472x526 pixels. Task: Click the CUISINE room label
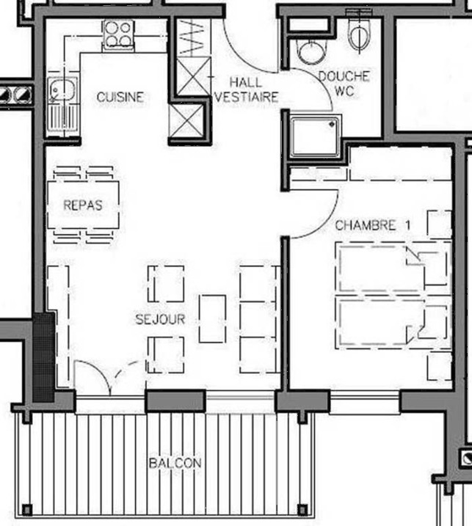click(x=120, y=98)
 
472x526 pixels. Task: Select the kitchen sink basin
click(x=62, y=90)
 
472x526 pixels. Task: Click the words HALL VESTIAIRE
click(x=246, y=90)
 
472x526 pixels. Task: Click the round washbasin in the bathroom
click(x=312, y=52)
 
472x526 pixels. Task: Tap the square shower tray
click(x=315, y=137)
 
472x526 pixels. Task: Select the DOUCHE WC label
click(x=344, y=83)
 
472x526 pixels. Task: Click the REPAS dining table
click(x=83, y=205)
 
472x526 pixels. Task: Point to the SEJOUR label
click(x=160, y=319)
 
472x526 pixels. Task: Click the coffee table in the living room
click(x=212, y=319)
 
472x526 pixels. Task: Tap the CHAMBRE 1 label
click(x=373, y=225)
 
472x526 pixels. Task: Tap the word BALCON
click(x=175, y=463)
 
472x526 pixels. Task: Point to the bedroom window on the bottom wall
click(x=365, y=403)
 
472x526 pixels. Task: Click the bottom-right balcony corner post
click(x=302, y=510)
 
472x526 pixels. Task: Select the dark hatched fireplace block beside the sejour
click(x=43, y=357)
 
